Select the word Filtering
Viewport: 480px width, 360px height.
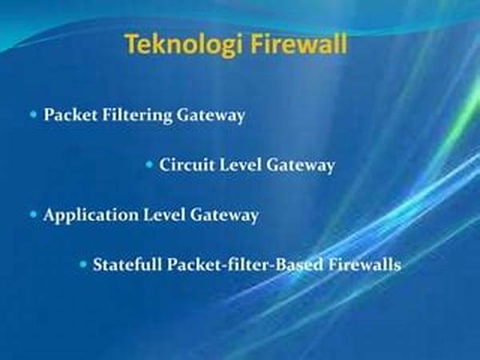[137, 116]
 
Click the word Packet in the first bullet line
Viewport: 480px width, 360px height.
[70, 114]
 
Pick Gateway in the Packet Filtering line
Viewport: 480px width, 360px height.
[210, 116]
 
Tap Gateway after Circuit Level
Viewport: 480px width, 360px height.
[300, 166]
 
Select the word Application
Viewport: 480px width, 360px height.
[91, 215]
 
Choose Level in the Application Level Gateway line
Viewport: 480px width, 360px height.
[164, 215]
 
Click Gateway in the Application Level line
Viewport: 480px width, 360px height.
[224, 216]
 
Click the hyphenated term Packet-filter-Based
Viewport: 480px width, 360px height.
[245, 265]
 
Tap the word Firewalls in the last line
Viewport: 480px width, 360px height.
[364, 265]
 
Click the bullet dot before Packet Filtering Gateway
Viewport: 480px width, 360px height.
[34, 114]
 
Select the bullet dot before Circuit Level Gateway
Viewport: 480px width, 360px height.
[149, 165]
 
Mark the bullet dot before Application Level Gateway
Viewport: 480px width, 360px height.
[34, 214]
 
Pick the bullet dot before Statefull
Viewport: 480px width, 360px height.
[83, 264]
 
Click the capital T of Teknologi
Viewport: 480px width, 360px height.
[132, 44]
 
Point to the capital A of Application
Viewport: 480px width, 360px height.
[50, 214]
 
